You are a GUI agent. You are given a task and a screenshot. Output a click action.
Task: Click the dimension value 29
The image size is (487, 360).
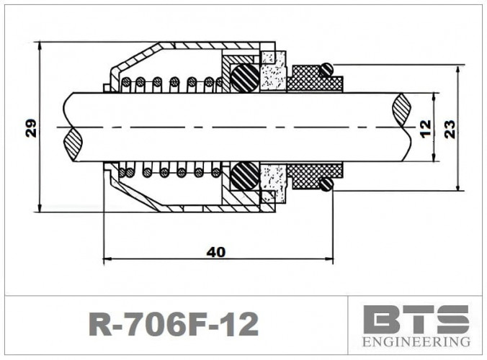[x=31, y=128]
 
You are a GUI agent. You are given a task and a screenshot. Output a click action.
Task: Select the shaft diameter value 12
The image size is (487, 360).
[x=424, y=128]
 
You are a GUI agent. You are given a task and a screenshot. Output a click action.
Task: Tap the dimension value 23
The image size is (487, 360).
[x=450, y=128]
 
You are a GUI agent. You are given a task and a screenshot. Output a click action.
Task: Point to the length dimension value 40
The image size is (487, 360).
[x=216, y=251]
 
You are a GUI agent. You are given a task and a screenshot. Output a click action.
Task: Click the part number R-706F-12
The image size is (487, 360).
[x=172, y=325]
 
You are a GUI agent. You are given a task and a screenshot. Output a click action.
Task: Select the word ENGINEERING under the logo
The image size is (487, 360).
[x=417, y=341]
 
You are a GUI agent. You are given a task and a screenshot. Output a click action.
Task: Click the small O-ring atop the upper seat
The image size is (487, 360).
[x=326, y=69]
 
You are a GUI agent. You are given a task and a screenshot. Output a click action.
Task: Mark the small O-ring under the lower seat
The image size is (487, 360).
[x=326, y=185]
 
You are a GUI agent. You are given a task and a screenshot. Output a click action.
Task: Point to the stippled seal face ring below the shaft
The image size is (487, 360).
[x=274, y=180]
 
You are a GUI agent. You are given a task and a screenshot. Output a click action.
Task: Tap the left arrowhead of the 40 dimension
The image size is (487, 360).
[x=108, y=258]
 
